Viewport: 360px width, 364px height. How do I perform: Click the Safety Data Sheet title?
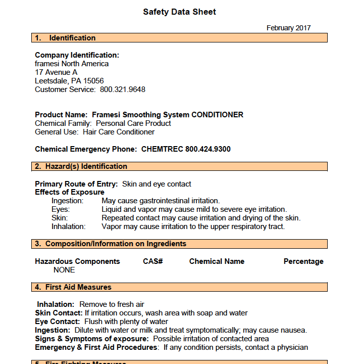[x=179, y=12]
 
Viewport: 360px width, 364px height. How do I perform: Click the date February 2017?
[x=288, y=28]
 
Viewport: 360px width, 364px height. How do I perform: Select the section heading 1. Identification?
[x=65, y=38]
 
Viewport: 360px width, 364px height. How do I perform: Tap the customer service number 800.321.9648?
[x=122, y=89]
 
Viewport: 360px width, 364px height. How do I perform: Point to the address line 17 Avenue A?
[x=56, y=72]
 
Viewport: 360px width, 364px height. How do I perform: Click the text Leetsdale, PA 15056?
[x=69, y=81]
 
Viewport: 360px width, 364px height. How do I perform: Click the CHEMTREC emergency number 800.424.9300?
[x=208, y=149]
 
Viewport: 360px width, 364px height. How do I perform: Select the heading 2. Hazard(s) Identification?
[x=81, y=166]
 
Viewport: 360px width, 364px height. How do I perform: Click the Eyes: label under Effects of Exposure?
[x=61, y=209]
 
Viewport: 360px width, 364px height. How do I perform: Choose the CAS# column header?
[x=152, y=261]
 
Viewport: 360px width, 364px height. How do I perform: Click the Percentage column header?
[x=303, y=261]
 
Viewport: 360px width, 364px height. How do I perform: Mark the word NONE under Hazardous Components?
[x=64, y=270]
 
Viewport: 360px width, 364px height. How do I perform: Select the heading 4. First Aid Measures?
[x=73, y=287]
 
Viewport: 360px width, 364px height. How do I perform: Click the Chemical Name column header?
[x=217, y=261]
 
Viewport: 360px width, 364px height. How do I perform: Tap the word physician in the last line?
[x=290, y=347]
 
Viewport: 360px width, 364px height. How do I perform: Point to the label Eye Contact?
[x=57, y=322]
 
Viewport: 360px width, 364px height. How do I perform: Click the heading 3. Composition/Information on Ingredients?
[x=111, y=244]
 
